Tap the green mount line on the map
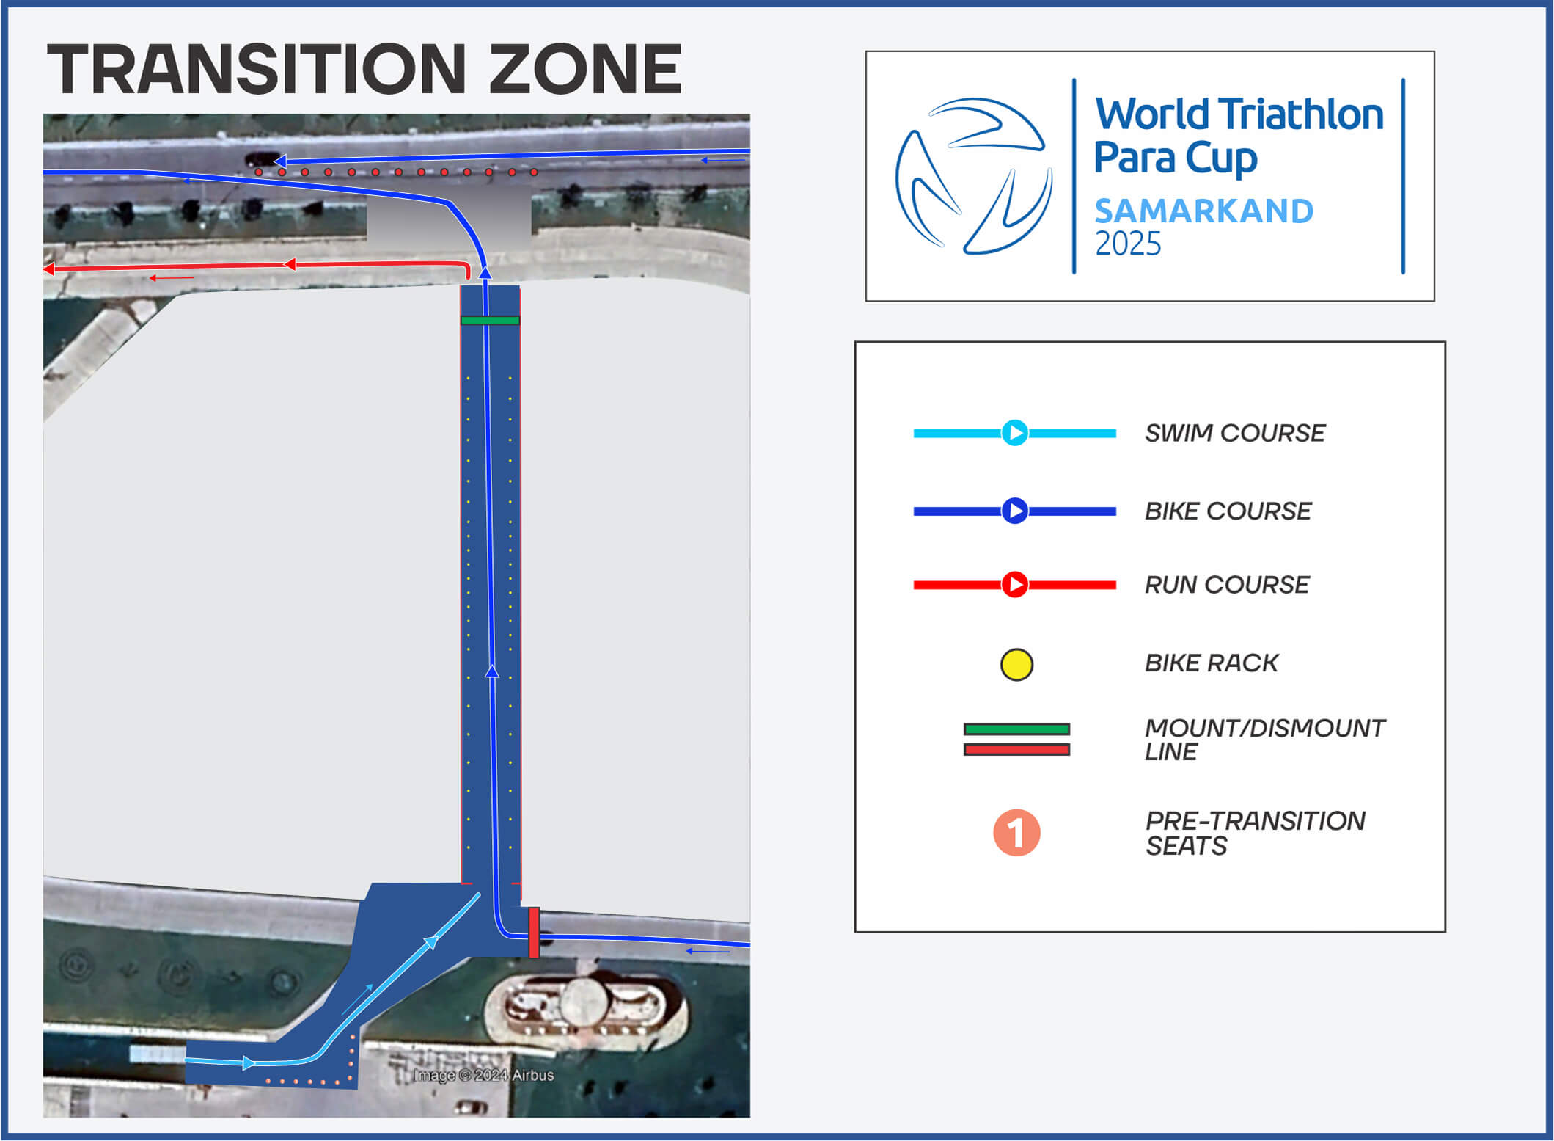tap(490, 320)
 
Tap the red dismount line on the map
tap(534, 932)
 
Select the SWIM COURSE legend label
tap(1235, 433)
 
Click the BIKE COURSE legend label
tap(1228, 511)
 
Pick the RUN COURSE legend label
tap(1227, 585)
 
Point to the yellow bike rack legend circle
tap(1016, 665)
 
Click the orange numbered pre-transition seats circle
tap(1016, 833)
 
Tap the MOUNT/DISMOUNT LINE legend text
tap(1264, 740)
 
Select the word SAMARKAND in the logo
tap(1203, 211)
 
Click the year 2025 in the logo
tap(1128, 244)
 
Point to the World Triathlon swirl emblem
tap(974, 176)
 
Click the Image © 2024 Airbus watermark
tap(483, 1075)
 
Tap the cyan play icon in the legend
tap(1015, 433)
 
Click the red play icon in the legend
tap(1015, 585)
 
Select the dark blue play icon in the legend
tap(1015, 511)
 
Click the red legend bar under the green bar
tap(1016, 749)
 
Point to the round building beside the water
tap(584, 1001)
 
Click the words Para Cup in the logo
tap(1176, 158)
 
